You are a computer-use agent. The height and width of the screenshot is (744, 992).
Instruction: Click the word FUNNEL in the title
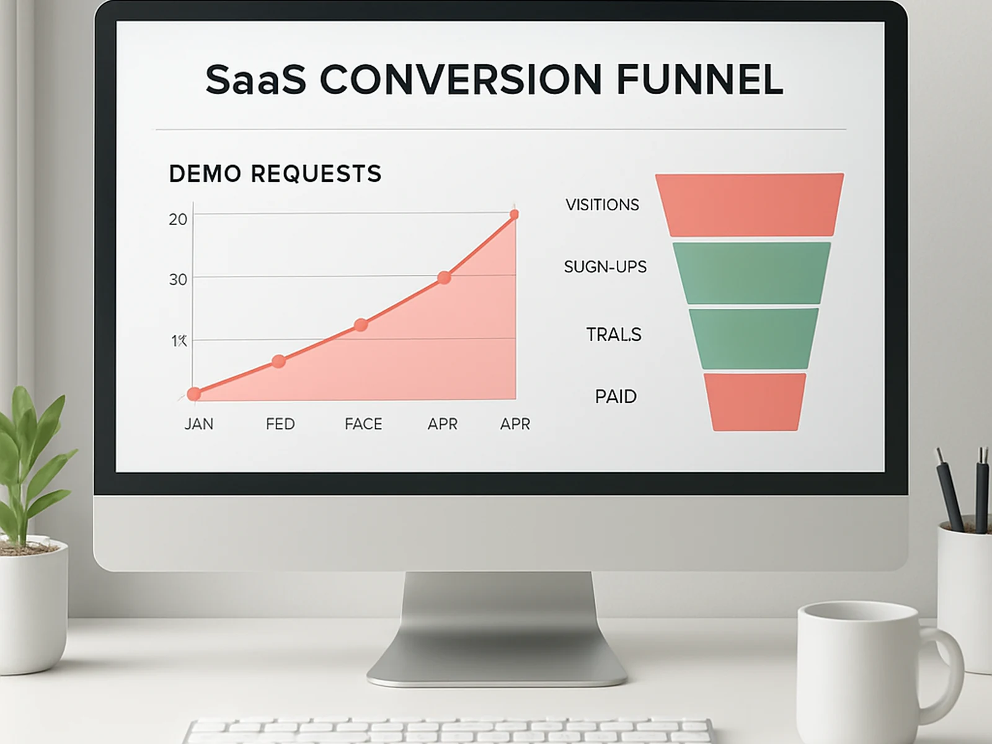(x=700, y=79)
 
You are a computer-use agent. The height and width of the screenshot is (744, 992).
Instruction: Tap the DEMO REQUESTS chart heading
(x=275, y=174)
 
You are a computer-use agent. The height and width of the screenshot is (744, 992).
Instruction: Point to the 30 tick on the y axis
(x=178, y=280)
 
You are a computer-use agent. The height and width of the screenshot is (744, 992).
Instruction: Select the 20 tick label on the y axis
(x=178, y=219)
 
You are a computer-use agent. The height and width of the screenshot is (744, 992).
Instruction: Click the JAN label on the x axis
(x=198, y=424)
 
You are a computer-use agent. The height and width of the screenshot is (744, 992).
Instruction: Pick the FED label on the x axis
(x=280, y=424)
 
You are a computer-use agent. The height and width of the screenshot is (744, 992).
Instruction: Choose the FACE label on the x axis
(x=363, y=424)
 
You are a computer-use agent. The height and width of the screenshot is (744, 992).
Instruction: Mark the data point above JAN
(x=194, y=394)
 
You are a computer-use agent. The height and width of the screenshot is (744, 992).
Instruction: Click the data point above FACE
(x=361, y=325)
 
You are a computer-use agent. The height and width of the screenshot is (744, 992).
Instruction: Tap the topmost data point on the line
(x=514, y=215)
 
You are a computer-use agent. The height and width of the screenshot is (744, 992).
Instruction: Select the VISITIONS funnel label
(x=602, y=205)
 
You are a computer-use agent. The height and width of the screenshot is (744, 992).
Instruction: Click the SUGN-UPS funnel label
(x=605, y=267)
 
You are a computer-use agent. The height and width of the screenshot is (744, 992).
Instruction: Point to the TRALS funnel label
(x=614, y=335)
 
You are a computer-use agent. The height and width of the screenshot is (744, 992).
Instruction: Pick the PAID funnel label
(x=616, y=397)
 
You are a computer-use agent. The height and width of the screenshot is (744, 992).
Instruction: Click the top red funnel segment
(x=750, y=205)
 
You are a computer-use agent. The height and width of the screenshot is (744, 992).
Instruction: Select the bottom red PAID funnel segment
(x=755, y=402)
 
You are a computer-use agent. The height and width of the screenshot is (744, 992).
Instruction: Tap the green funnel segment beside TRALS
(x=753, y=339)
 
